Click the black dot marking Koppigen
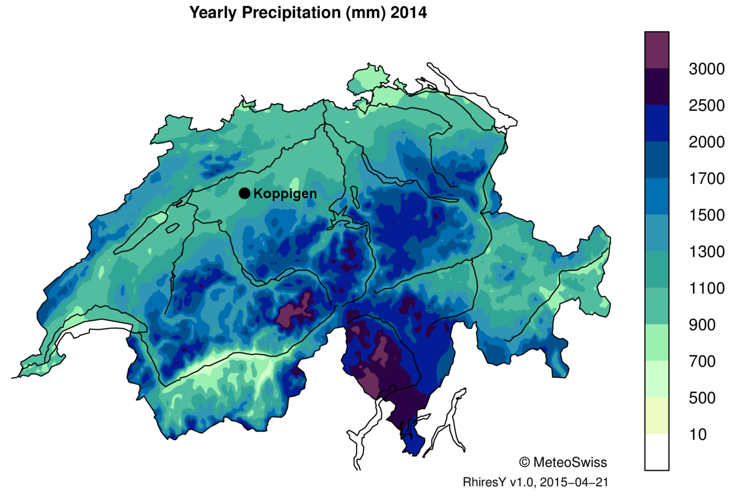pos(245,194)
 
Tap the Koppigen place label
pos(285,194)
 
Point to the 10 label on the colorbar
pos(698,434)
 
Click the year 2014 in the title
pos(408,13)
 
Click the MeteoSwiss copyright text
pos(562,462)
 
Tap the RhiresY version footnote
pos(535,481)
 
